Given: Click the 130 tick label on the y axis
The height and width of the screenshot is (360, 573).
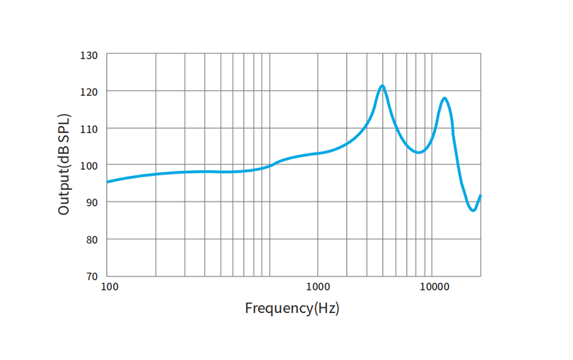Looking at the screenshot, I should point(89,55).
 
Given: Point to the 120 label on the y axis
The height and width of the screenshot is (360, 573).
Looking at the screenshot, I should point(89,92).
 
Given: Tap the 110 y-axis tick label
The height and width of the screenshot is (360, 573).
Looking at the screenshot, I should point(89,129).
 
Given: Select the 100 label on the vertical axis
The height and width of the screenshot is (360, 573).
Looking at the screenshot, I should point(89,166).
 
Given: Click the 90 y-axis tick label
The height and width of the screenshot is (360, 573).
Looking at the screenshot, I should point(92,203).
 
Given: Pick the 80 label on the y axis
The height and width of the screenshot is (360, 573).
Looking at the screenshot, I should point(92,240).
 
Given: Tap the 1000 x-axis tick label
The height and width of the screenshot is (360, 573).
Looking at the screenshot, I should point(318,287).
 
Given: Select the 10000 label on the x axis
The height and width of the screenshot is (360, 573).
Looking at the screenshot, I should point(434,287).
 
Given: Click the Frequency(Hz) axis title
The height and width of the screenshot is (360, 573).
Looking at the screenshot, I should point(292,308).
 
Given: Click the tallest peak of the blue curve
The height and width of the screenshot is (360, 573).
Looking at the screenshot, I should point(382,86).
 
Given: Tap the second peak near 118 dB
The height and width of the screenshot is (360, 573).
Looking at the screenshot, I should point(444,98).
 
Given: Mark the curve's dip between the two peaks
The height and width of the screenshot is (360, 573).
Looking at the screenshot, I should point(418,152).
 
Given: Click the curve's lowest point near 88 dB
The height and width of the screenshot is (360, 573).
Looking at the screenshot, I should point(473,210).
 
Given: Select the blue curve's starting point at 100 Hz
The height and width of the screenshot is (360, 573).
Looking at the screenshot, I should point(107,182).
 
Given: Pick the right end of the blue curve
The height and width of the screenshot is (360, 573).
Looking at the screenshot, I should point(480,196).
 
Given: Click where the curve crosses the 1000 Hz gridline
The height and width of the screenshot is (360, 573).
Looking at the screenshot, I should point(318,153).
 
